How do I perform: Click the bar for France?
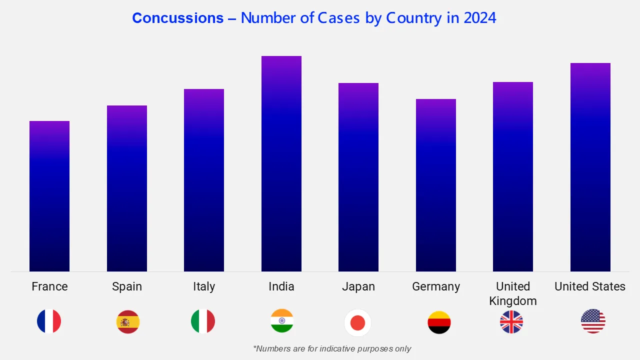[x=49, y=196]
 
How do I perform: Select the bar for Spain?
[x=127, y=188]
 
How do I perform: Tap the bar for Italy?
[x=204, y=180]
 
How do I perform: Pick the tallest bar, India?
[x=281, y=164]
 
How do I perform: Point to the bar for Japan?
[x=358, y=177]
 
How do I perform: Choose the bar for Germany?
[x=436, y=185]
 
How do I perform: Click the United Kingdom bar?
[x=513, y=177]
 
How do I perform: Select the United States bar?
[x=590, y=167]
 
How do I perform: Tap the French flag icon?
[x=49, y=321]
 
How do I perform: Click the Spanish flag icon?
[x=128, y=322]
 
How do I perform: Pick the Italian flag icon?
[x=203, y=321]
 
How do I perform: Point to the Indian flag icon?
[x=282, y=321]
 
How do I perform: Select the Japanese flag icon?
[x=358, y=323]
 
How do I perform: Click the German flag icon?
[x=439, y=322]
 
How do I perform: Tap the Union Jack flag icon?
[x=511, y=322]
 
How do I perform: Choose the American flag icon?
[x=593, y=321]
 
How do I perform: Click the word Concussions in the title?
[x=178, y=18]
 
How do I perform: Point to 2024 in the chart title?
[x=479, y=18]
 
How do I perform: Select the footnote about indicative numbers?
[x=332, y=348]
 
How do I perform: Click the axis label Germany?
[x=436, y=286]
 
